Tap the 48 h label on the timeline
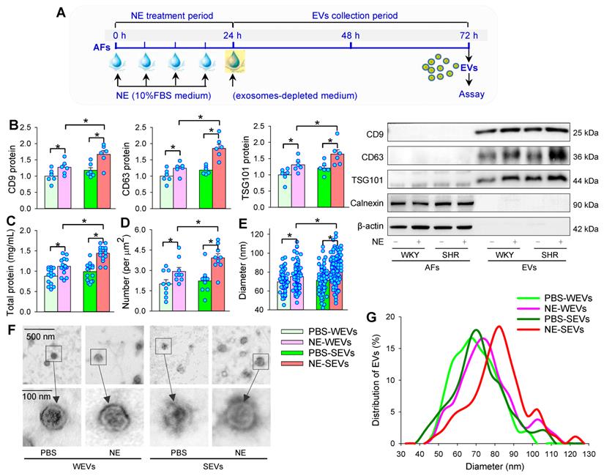[351, 35]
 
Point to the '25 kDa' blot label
[586, 133]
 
